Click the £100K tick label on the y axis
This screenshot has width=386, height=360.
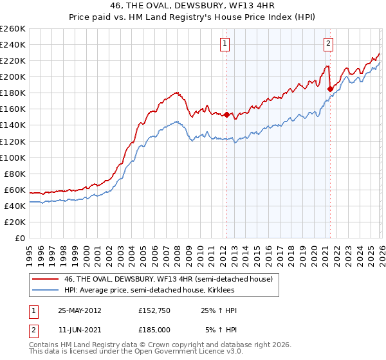coord(12,157)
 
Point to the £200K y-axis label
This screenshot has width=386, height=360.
coord(12,76)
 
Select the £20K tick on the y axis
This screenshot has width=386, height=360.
coord(15,222)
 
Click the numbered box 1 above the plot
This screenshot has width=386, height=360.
coord(225,44)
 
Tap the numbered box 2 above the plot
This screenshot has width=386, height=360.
coord(328,44)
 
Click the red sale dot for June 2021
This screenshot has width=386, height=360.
coord(330,89)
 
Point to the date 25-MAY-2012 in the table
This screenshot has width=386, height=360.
coord(80,310)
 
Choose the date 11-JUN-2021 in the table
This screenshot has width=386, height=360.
coord(80,330)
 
